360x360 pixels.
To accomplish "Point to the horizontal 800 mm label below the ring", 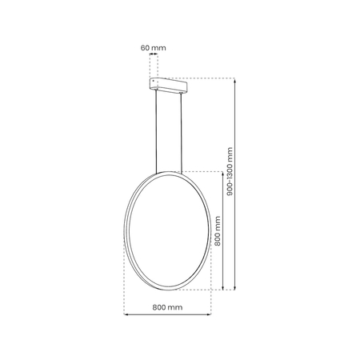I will pyautogui.click(x=166, y=307).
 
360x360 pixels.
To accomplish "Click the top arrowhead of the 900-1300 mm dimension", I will pyautogui.click(x=234, y=80).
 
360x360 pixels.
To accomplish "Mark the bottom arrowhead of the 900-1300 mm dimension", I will pyautogui.click(x=234, y=287).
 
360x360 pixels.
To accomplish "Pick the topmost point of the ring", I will pyautogui.click(x=167, y=170).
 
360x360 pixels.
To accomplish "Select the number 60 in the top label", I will pyautogui.click(x=145, y=48).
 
